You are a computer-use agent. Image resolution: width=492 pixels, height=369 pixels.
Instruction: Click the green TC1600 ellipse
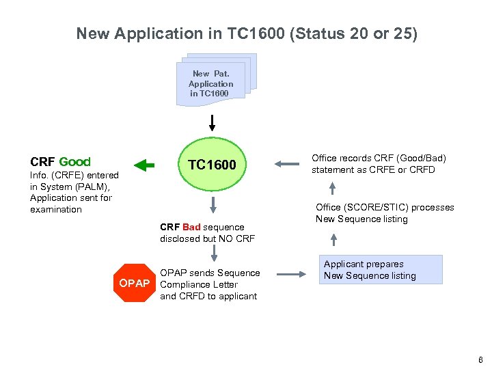(x=213, y=164)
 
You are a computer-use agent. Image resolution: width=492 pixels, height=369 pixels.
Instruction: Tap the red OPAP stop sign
(x=134, y=283)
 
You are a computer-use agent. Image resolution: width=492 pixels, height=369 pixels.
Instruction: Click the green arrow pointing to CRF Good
(x=144, y=164)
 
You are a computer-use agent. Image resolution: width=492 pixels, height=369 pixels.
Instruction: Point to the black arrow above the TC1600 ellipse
(x=213, y=123)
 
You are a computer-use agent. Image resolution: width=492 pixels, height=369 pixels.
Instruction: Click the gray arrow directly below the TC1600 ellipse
(x=213, y=204)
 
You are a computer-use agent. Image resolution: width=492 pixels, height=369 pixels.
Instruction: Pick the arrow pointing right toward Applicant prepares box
(x=292, y=275)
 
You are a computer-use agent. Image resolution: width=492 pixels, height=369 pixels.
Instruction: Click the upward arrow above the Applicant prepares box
(x=333, y=238)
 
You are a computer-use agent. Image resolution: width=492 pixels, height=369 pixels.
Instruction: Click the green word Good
(x=74, y=162)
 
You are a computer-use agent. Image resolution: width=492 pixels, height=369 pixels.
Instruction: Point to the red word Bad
(x=191, y=227)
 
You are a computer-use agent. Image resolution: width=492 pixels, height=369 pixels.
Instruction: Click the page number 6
(x=481, y=360)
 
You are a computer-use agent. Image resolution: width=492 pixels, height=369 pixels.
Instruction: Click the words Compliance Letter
(x=199, y=284)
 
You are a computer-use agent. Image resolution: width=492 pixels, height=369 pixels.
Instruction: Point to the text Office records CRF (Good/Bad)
(x=379, y=158)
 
